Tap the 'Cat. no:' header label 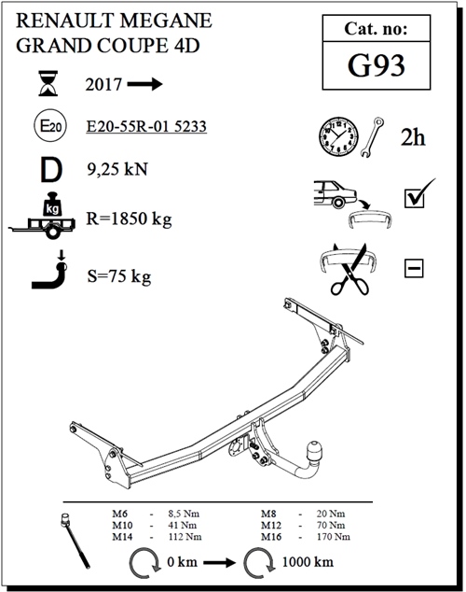377,30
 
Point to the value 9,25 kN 116,170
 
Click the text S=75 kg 117,276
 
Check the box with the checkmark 415,198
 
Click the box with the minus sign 414,269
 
